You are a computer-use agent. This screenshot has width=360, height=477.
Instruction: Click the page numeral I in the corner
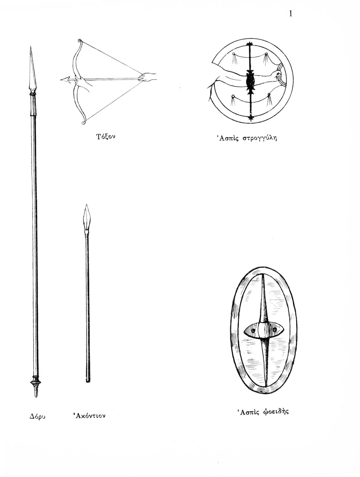point(291,14)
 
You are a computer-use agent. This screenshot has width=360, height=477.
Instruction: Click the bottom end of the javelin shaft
point(88,379)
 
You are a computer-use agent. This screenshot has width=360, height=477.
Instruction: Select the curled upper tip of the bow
point(79,41)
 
